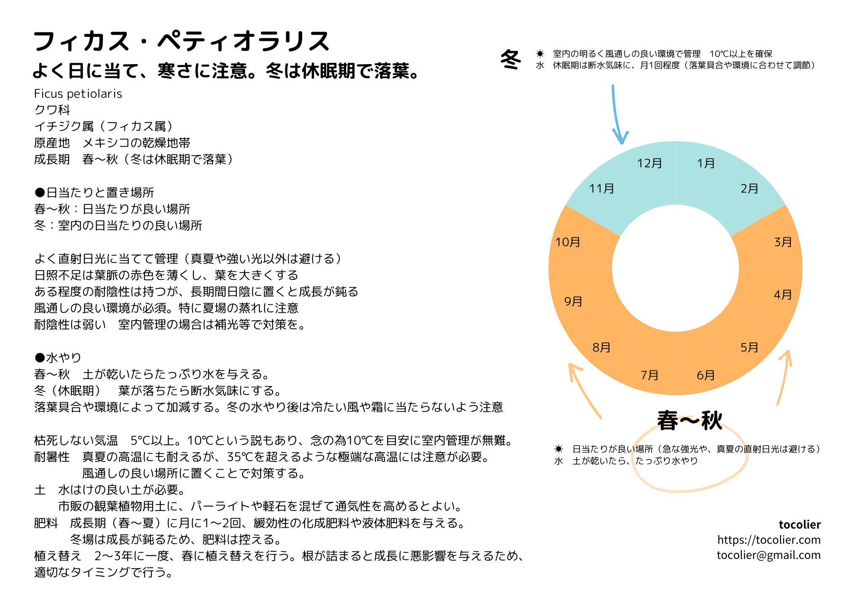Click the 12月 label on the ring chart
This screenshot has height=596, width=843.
tap(650, 164)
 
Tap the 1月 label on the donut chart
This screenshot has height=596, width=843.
tap(706, 164)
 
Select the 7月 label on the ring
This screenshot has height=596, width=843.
tap(650, 375)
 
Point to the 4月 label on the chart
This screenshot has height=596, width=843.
tap(783, 295)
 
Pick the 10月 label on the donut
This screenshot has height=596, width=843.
tap(568, 242)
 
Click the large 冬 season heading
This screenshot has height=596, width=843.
tap(511, 59)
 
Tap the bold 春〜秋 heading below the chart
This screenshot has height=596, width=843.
tap(690, 421)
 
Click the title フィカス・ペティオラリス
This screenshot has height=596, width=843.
tap(181, 41)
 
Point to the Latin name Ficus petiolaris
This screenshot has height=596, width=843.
tap(78, 94)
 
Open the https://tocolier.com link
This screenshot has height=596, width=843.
tap(769, 540)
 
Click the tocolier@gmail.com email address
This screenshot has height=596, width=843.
tap(768, 555)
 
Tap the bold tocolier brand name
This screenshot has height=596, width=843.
tap(800, 525)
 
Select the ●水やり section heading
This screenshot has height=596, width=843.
tap(58, 358)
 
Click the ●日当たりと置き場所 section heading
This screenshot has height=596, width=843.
tap(94, 193)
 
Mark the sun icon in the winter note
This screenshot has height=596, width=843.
tap(540, 54)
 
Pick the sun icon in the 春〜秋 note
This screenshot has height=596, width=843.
tap(559, 449)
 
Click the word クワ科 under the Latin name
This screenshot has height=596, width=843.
tap(52, 110)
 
